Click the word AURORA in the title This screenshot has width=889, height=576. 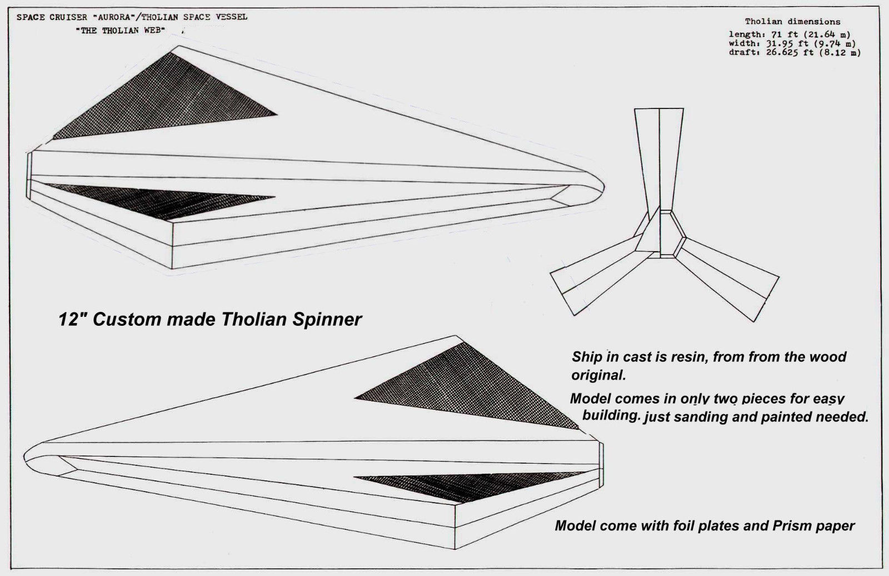pos(113,17)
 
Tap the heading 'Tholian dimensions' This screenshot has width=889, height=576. pos(792,22)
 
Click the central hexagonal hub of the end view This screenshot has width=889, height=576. pos(660,234)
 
